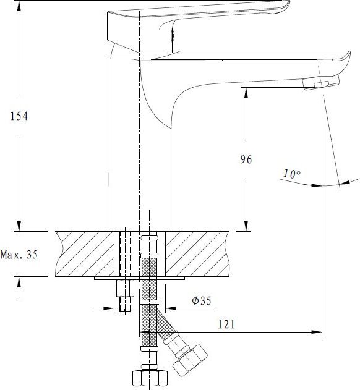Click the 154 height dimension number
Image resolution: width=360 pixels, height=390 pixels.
(x=19, y=116)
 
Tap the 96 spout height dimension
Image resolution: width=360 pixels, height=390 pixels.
(x=246, y=159)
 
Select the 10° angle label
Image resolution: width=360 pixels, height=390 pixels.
(x=292, y=174)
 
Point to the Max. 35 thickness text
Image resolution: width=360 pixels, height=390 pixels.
(x=19, y=255)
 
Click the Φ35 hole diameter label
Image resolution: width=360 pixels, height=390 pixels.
(x=202, y=300)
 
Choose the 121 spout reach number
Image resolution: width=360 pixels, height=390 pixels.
(x=226, y=324)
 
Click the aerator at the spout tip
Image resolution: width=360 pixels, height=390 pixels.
(x=321, y=83)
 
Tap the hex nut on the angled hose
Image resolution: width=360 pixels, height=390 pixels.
(x=190, y=360)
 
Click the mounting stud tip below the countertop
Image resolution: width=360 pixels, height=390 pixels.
(x=125, y=304)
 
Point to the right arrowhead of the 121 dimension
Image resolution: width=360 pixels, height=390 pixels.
(x=317, y=332)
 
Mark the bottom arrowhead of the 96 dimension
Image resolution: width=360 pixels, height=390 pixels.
(x=246, y=226)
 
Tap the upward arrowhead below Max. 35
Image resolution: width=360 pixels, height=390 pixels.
(x=19, y=281)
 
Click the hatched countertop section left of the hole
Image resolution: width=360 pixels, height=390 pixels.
(x=84, y=254)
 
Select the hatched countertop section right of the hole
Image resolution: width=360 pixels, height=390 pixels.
(x=197, y=254)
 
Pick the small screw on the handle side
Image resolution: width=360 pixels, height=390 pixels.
(x=173, y=35)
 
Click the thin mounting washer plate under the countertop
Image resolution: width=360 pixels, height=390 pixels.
(x=139, y=278)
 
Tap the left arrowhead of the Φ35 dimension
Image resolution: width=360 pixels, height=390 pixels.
(x=109, y=308)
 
